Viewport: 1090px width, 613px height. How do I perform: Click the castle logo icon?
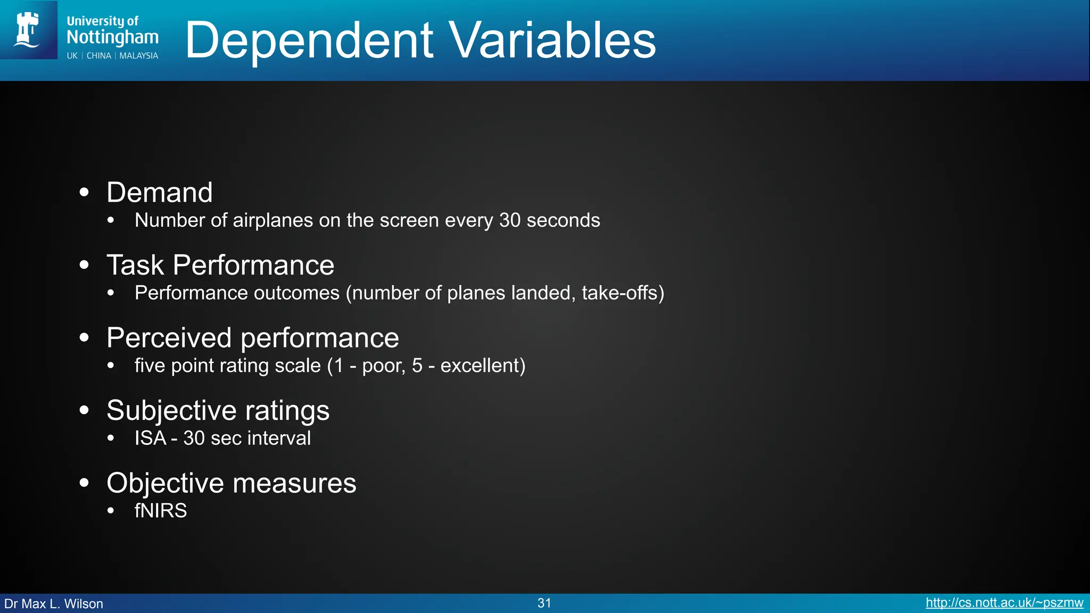pyautogui.click(x=28, y=30)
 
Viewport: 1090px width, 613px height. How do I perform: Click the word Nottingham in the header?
pyautogui.click(x=112, y=37)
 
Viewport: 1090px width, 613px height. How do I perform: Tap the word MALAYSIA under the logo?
pyautogui.click(x=138, y=56)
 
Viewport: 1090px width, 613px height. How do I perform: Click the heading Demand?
pyautogui.click(x=159, y=192)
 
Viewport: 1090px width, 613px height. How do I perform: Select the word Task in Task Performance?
pyautogui.click(x=135, y=265)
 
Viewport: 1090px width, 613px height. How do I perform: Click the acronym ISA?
pyautogui.click(x=150, y=438)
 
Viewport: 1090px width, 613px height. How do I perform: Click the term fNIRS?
pyautogui.click(x=161, y=511)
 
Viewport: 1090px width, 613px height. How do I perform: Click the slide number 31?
pyautogui.click(x=544, y=603)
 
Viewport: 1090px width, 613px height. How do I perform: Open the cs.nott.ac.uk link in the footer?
pyautogui.click(x=1004, y=603)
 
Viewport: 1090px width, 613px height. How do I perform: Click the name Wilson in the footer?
pyautogui.click(x=84, y=604)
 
